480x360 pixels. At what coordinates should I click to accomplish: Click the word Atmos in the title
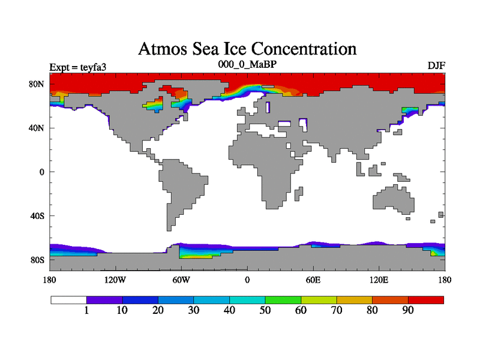point(163,49)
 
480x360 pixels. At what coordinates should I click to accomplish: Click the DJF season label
point(436,66)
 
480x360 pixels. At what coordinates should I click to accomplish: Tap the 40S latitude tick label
point(37,216)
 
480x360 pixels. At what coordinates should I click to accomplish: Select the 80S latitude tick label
point(37,260)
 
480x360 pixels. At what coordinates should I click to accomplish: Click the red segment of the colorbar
point(426,299)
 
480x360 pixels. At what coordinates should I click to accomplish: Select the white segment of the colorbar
point(68,299)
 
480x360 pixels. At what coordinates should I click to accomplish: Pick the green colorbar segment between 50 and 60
point(283,299)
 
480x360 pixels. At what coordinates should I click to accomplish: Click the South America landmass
point(180,186)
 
